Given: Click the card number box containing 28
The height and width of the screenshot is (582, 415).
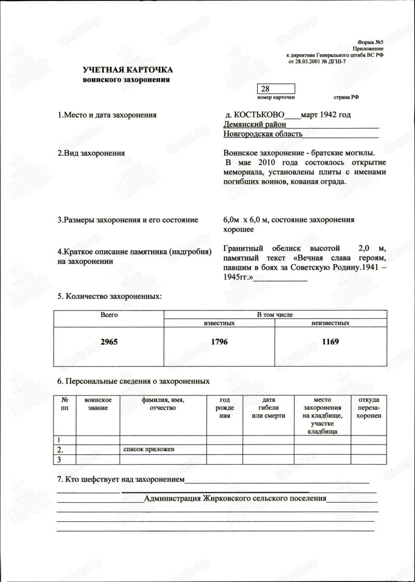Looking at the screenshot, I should pyautogui.click(x=275, y=89).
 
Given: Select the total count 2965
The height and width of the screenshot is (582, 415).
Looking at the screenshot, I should pyautogui.click(x=109, y=343).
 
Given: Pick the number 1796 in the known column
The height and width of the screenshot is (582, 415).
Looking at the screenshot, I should pyautogui.click(x=219, y=343).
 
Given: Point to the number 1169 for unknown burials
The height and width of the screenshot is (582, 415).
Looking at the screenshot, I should pyautogui.click(x=330, y=343).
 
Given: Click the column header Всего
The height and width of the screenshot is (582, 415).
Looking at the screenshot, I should pyautogui.click(x=109, y=315).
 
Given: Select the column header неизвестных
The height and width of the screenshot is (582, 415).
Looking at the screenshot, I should pyautogui.click(x=330, y=323).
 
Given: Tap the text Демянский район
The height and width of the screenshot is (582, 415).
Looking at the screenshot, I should pyautogui.click(x=254, y=125).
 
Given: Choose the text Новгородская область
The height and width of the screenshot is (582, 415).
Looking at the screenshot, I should pyautogui.click(x=263, y=134).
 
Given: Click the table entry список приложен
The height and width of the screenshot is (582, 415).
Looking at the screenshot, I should pyautogui.click(x=148, y=449).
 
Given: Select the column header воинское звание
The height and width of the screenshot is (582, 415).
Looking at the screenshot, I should pyautogui.click(x=98, y=404).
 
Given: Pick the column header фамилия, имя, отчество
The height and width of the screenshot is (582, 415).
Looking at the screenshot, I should pyautogui.click(x=163, y=404).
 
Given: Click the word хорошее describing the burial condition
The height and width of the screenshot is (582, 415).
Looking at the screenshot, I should pyautogui.click(x=238, y=229).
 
